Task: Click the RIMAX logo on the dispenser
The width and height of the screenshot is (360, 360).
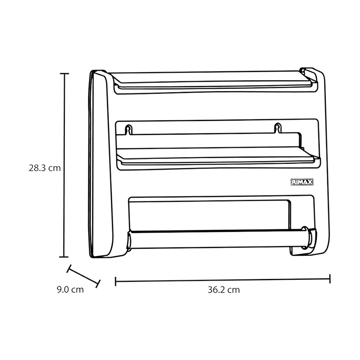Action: pos(302,182)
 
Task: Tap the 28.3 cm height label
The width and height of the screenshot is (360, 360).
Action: pos(45,168)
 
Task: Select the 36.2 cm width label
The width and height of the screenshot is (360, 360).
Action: pos(224,290)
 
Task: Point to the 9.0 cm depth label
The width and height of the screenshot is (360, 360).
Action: pos(70,289)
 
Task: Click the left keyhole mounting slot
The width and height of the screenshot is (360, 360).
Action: pos(129,130)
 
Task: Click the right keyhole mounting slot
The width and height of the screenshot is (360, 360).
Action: pos(278,128)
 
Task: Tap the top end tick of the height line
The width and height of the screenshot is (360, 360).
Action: pos(64,73)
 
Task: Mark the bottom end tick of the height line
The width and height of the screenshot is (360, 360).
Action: pos(64,257)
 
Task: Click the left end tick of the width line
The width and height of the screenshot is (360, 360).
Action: pos(116,281)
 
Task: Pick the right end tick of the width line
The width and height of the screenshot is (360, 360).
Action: pos(330,279)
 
